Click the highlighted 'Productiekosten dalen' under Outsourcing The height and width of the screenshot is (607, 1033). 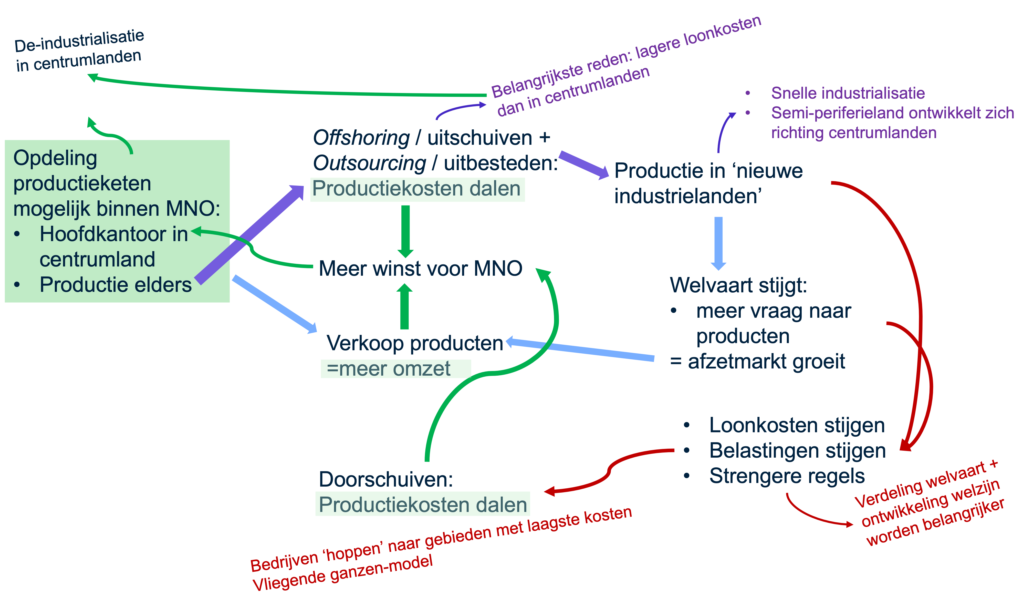(417, 189)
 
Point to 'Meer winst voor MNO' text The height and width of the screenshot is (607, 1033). (420, 269)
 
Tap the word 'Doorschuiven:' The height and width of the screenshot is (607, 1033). (386, 479)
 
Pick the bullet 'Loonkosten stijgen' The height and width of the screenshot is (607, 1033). (797, 425)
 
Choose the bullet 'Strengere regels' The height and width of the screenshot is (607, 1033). (787, 476)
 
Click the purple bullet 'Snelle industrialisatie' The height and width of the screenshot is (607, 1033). (847, 93)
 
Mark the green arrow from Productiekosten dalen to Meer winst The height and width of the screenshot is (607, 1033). (405, 231)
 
